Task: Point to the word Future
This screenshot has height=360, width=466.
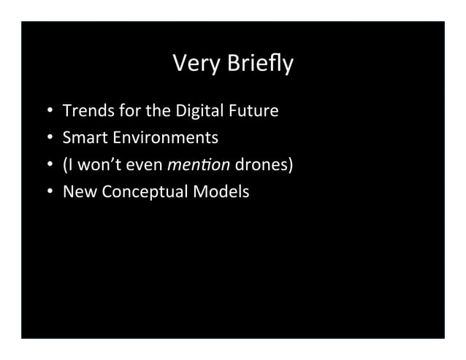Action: [254, 112]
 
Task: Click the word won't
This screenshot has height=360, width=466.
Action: [91, 165]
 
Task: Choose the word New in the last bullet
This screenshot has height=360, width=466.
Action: [77, 192]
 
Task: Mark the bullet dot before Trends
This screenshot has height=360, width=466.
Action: [50, 112]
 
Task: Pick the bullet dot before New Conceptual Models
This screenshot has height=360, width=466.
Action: [50, 193]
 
